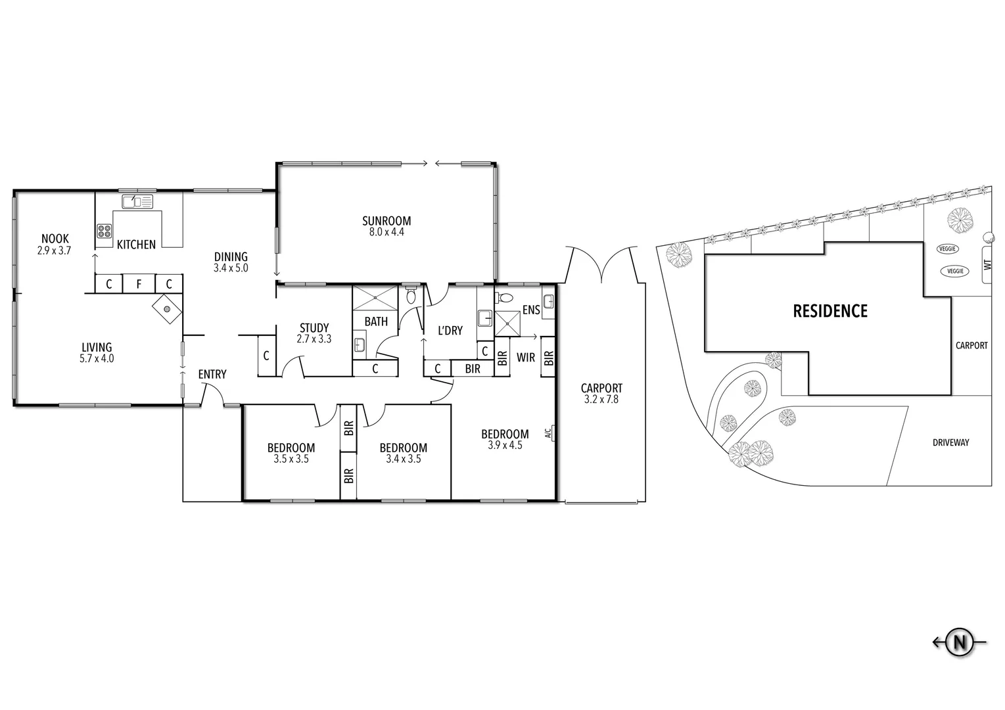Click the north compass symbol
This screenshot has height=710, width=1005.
[960, 642]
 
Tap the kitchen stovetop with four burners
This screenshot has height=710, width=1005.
[105, 230]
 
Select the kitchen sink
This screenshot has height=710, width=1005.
[137, 201]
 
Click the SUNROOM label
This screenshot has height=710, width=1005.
[386, 221]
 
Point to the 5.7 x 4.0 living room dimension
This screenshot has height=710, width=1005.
[97, 359]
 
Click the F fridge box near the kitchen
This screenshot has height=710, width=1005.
[138, 284]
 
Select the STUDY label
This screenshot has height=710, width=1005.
[314, 328]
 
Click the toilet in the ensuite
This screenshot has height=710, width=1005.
[503, 297]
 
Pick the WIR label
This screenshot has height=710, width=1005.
[525, 358]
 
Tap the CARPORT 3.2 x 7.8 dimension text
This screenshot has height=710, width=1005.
[601, 399]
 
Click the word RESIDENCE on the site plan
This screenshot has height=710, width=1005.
[830, 311]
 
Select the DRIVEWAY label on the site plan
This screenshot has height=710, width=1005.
[950, 442]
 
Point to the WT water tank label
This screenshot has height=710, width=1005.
[986, 265]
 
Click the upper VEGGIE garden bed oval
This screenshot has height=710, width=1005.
[948, 248]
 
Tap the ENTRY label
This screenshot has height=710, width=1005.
[212, 374]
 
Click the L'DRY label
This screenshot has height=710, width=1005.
[450, 331]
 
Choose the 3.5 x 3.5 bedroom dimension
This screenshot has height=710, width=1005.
[291, 460]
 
